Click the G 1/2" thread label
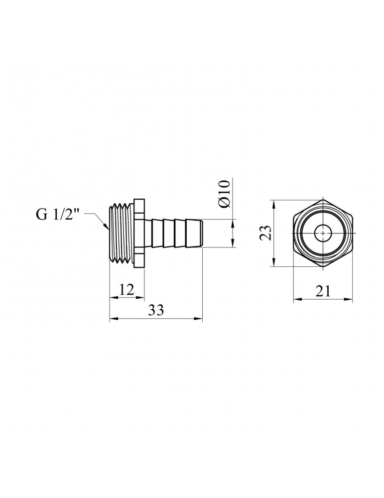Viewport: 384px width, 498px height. tap(57, 215)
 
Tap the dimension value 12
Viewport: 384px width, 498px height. tap(127, 290)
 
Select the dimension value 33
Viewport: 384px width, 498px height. tap(156, 311)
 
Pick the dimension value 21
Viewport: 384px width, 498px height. tap(323, 292)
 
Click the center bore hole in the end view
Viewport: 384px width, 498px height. tap(323, 233)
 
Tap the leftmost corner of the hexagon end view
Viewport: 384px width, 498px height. tap(293, 233)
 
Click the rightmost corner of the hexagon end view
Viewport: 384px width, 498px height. tap(353, 233)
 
